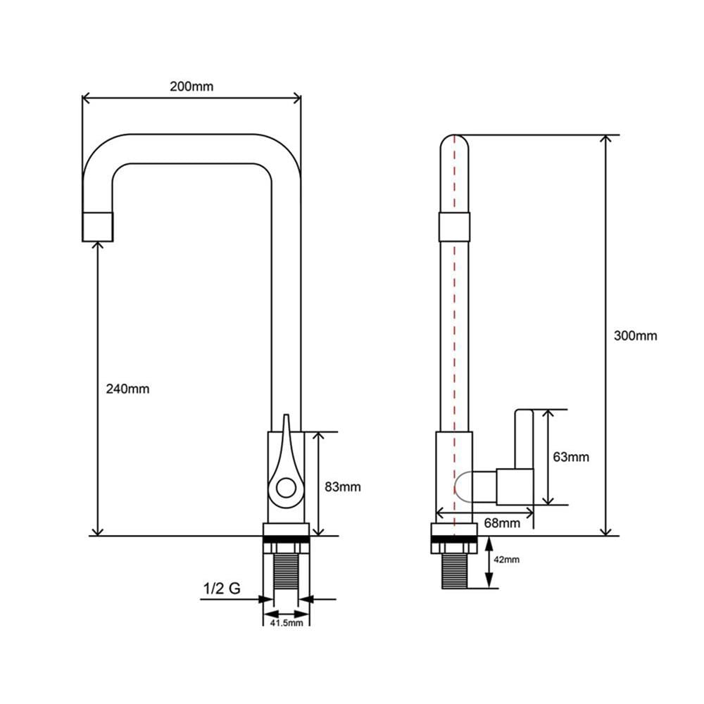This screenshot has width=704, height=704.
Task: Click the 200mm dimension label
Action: point(191,86)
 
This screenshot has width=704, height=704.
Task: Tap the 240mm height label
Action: point(127,389)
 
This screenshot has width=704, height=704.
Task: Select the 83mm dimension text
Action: point(343,486)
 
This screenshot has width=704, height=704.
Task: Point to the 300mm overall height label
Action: point(635,335)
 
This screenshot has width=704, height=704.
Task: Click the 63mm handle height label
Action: point(571,457)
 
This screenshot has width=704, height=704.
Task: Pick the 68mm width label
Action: point(502,523)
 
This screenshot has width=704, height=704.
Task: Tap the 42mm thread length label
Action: point(506,560)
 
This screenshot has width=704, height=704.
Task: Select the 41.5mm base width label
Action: point(287,623)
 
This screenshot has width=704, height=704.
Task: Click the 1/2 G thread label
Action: point(222,588)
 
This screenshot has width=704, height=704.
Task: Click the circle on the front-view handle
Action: point(286,488)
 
